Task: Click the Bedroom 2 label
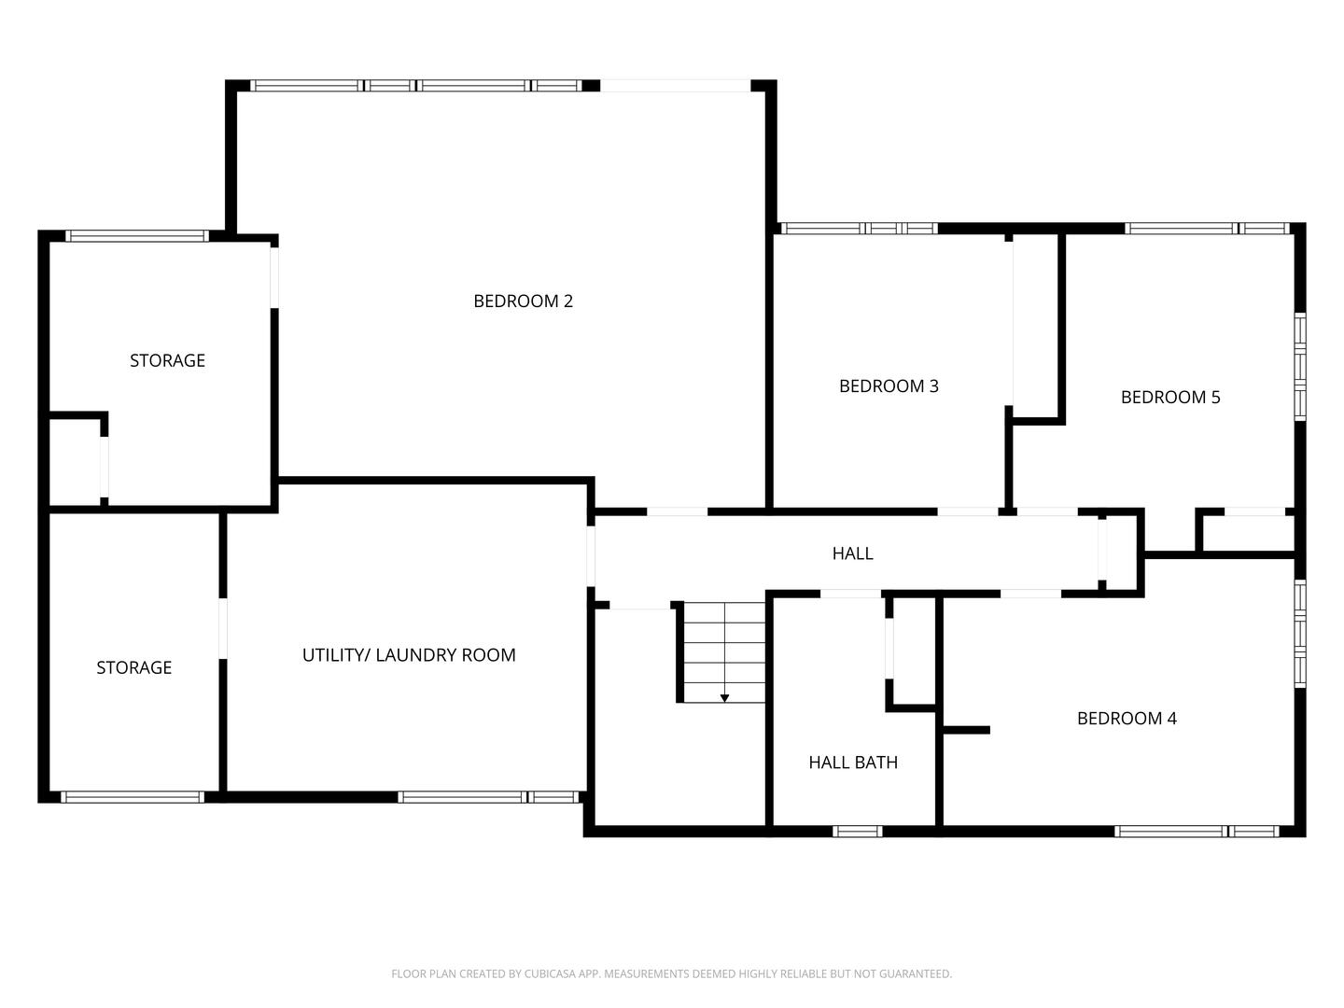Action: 523,301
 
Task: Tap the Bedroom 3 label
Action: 889,386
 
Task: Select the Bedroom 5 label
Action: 1170,398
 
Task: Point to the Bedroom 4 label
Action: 1127,718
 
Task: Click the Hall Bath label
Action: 853,762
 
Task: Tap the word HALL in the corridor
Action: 852,553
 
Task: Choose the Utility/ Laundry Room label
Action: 409,655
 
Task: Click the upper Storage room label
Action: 167,360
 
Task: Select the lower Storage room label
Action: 134,667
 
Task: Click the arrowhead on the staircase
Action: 724,698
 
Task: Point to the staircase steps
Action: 724,652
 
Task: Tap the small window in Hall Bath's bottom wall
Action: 857,831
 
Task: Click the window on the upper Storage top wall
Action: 137,235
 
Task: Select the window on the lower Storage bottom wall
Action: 133,797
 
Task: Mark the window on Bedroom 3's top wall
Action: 859,229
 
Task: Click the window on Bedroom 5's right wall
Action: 1300,367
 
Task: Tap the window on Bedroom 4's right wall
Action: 1300,634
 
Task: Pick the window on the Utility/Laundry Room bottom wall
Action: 488,797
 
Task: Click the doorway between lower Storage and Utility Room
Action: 223,628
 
